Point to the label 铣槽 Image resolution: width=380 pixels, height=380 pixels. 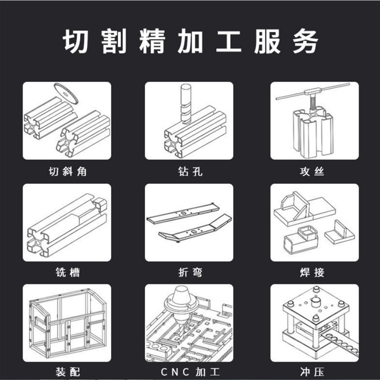67,273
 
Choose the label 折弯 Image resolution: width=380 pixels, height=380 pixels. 189,273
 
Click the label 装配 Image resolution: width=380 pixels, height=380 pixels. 67,371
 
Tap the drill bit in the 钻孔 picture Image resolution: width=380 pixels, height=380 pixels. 186,102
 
